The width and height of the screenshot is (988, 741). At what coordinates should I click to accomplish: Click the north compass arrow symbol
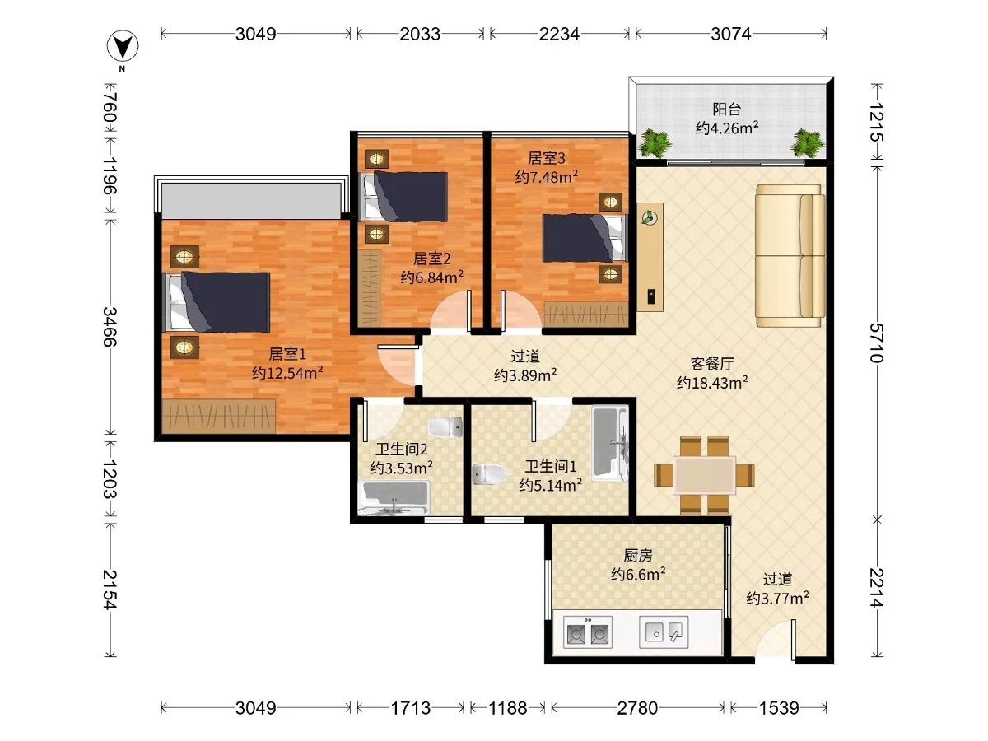tap(123, 46)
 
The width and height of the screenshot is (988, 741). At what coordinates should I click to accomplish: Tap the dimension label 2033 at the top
tap(420, 35)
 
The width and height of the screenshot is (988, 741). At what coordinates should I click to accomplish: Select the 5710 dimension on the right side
tap(877, 343)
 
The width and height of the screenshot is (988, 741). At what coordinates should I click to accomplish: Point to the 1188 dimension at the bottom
tap(508, 708)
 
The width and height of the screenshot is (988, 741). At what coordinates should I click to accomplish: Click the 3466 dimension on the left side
tap(110, 327)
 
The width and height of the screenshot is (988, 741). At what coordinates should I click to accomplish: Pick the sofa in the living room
tap(790, 255)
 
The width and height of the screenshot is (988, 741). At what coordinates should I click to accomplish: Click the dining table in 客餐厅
tap(705, 475)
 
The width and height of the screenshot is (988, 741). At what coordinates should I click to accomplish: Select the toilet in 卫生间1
tap(489, 474)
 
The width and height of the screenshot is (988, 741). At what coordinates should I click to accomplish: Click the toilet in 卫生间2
tap(445, 426)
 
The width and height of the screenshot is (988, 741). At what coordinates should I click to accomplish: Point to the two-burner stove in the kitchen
tap(588, 631)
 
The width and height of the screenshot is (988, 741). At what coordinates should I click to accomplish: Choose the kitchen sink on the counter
tap(664, 631)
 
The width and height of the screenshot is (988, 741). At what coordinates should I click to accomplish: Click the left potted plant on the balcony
tap(655, 143)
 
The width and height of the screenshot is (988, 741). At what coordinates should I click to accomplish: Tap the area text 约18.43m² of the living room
tap(712, 382)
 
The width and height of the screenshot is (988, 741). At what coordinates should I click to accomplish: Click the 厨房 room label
tap(638, 556)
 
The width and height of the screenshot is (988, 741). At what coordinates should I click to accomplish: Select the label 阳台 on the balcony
tap(726, 109)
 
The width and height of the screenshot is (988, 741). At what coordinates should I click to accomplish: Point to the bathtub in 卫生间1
tap(609, 443)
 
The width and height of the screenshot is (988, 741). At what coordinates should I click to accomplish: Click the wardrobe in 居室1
tap(219, 416)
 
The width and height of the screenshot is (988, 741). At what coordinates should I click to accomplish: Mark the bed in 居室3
tap(585, 238)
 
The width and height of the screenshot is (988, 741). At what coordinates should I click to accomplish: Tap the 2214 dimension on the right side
tap(877, 588)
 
